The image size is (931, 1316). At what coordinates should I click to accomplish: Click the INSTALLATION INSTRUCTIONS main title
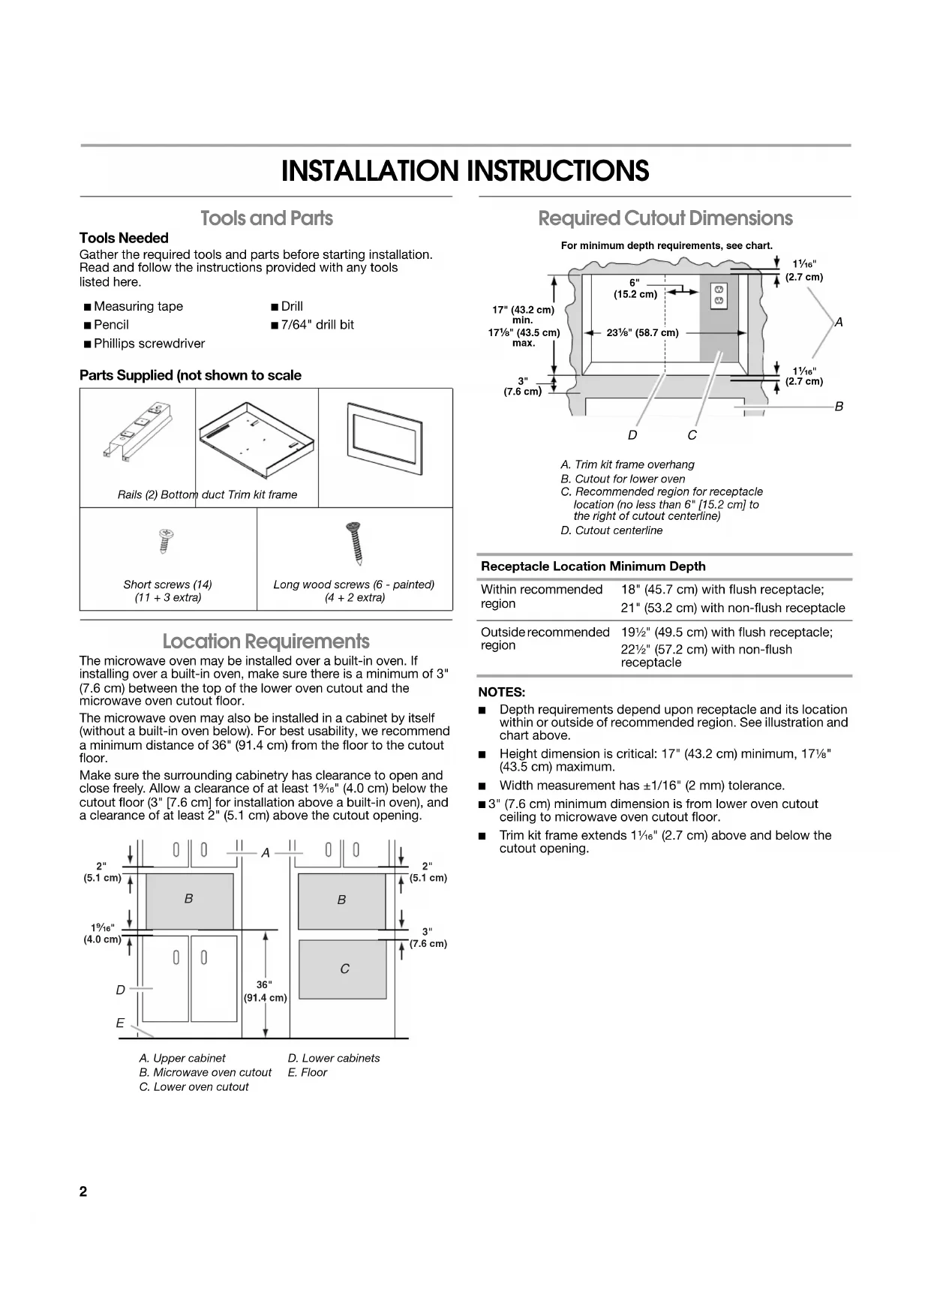coord(465,171)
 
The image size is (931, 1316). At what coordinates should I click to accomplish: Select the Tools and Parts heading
coord(266,218)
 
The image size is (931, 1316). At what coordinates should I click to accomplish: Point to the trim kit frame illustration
coord(385,443)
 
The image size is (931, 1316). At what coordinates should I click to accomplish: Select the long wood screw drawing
coord(354,543)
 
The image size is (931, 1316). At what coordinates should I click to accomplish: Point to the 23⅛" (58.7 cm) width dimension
coord(642,333)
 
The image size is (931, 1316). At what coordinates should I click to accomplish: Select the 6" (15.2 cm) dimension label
coord(635,288)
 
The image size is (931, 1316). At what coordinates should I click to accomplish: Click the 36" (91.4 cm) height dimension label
coord(265,990)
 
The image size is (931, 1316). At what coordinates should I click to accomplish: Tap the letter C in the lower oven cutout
coord(344,969)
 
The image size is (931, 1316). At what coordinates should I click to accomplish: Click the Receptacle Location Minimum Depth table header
coord(593,566)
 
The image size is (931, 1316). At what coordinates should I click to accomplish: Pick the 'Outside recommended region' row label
coord(545,638)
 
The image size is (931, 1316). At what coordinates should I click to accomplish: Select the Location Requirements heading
coord(266,641)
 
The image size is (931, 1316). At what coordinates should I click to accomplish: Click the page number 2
coord(83,1192)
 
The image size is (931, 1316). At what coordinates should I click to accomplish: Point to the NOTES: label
coord(501,692)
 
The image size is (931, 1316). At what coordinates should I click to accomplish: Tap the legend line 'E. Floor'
coord(308,1072)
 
